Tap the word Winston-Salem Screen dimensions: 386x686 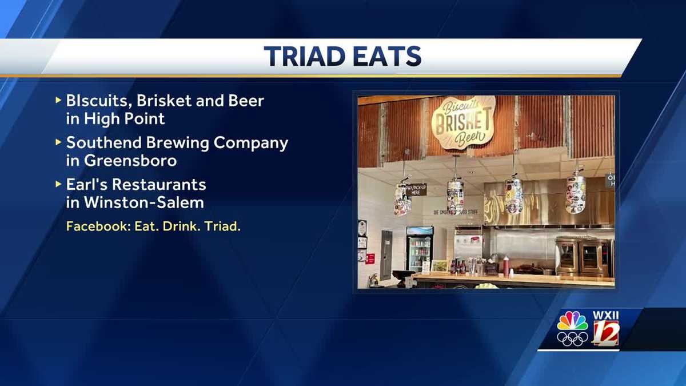click(143, 202)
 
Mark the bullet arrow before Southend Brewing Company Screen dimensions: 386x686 click(58, 141)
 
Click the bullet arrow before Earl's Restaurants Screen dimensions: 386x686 click(58, 184)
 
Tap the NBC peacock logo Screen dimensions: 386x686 click(572, 321)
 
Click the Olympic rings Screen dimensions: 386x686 click(572, 339)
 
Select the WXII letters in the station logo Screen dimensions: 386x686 click(605, 315)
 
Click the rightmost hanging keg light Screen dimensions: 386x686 click(575, 193)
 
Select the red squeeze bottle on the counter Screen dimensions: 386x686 click(506, 266)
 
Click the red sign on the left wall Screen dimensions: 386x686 click(370, 258)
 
